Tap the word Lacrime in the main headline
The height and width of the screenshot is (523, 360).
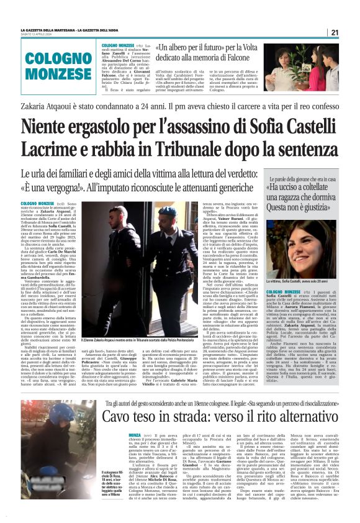54,152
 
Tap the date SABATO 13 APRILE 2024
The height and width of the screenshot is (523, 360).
39,34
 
